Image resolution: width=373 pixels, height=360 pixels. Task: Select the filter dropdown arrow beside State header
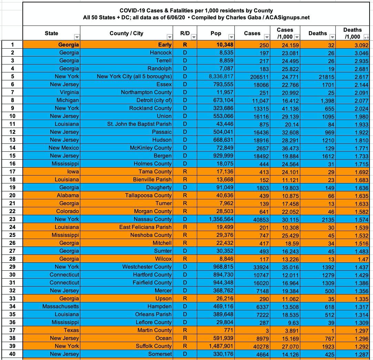(x=77, y=37)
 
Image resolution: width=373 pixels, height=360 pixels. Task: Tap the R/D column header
(x=185, y=33)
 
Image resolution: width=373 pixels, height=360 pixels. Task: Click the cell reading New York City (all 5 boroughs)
(x=134, y=76)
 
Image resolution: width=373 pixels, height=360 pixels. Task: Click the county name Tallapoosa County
(x=148, y=195)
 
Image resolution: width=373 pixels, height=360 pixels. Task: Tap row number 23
(x=12, y=219)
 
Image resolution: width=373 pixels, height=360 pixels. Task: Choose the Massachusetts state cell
(x=61, y=306)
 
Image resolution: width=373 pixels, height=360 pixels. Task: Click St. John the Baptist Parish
(x=139, y=124)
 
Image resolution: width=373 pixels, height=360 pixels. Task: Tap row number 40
(x=12, y=354)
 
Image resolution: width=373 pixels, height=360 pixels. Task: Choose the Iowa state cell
(x=73, y=171)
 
